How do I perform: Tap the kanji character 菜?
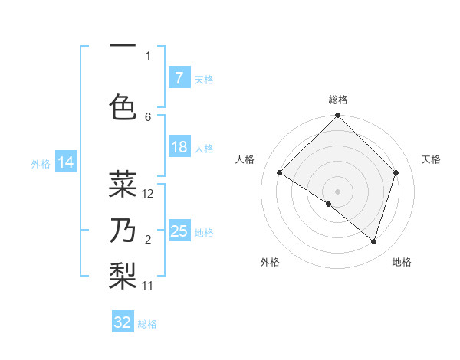coord(123,184)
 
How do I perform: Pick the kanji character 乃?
coord(123,231)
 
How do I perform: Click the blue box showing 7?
coord(179,78)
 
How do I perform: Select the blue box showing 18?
coord(179,147)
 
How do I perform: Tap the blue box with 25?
coord(179,231)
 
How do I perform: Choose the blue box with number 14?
coord(66,162)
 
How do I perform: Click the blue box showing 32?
coord(123,322)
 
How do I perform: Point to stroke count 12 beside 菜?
coord(149,194)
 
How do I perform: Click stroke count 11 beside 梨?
coord(149,286)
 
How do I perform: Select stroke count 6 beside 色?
coord(148,116)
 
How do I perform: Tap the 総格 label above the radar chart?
coord(338,100)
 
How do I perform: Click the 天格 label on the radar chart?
coord(432,159)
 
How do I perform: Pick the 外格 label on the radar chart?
coord(270,262)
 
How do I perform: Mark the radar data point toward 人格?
coord(280,173)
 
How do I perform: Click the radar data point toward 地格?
coord(373,241)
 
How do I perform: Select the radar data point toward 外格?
coord(328,204)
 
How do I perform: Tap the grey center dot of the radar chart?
coord(337,191)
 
